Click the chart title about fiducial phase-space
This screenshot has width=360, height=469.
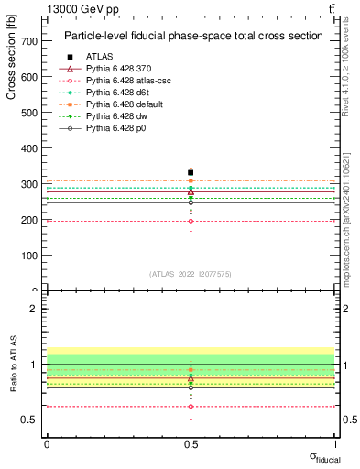(x=193, y=37)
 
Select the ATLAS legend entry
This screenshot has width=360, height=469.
(x=100, y=57)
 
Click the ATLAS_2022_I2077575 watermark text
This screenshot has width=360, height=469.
(x=191, y=274)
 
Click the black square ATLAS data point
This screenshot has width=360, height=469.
(x=191, y=172)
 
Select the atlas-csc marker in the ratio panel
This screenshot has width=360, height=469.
(x=191, y=406)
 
